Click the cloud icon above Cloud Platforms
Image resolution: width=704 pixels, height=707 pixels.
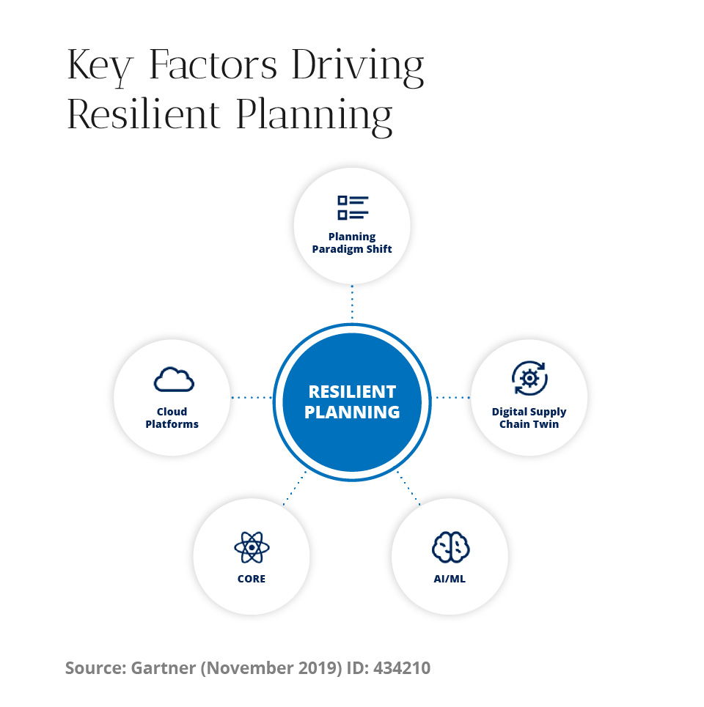[174, 380]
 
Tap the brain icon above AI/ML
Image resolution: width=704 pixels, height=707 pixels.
[450, 547]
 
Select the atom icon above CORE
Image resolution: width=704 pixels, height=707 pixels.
[252, 547]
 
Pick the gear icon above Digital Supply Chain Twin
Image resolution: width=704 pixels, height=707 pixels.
[529, 378]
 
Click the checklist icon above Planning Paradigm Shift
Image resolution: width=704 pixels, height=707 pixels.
[353, 208]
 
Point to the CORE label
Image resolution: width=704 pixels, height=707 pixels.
[252, 579]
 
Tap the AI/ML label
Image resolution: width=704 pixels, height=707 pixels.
[450, 579]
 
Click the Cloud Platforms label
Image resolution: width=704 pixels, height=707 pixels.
[172, 418]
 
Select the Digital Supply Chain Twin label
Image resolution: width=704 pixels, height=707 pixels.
[529, 418]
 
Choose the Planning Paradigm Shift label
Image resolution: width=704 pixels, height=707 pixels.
[352, 243]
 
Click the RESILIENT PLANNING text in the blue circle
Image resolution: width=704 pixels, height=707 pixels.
[352, 402]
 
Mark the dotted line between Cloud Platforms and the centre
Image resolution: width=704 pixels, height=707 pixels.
[252, 398]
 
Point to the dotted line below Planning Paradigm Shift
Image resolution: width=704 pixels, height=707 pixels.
[352, 302]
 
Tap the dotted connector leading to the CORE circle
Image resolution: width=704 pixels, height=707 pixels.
[295, 488]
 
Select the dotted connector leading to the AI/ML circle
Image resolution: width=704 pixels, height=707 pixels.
[409, 488]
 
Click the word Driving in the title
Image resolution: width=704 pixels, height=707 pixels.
[358, 67]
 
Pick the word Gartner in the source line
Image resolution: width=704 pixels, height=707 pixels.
[164, 667]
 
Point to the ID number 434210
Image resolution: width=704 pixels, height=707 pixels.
[402, 667]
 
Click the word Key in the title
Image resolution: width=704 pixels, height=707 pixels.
[100, 67]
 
